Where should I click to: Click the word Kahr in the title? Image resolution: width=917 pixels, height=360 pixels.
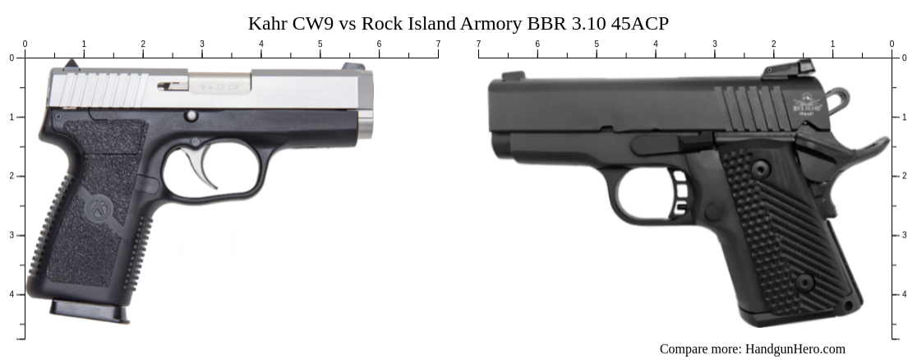[x=268, y=23]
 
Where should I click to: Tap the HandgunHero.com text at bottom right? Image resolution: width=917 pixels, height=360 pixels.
[x=795, y=348]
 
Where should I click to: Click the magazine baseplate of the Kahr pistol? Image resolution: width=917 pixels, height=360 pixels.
[x=89, y=311]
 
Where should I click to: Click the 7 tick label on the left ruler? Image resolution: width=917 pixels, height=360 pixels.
[x=438, y=44]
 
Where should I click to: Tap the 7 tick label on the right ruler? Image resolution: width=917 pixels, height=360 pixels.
[x=478, y=44]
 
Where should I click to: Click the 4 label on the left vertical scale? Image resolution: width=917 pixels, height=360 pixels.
[x=11, y=294]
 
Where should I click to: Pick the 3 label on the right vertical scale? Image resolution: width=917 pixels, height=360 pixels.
[x=905, y=235]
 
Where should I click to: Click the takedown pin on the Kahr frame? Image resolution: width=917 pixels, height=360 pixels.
[x=191, y=116]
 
